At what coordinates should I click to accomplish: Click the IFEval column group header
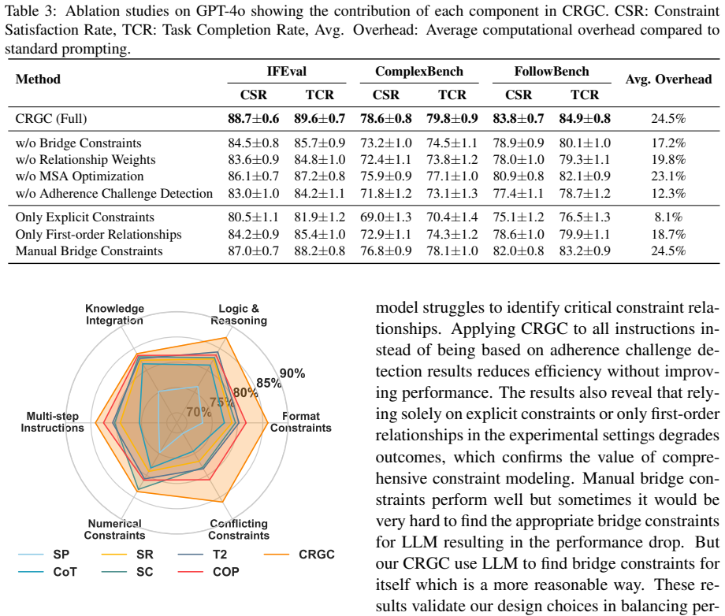click(x=286, y=71)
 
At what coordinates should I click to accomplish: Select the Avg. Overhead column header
click(x=668, y=80)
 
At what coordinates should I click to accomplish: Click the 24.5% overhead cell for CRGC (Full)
click(x=668, y=119)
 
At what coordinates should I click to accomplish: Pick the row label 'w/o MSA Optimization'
click(x=80, y=176)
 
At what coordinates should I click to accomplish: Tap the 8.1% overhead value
click(x=668, y=217)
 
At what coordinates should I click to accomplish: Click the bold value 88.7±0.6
click(x=254, y=119)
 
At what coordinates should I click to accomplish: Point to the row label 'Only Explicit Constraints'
click(x=84, y=217)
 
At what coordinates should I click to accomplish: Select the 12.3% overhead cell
click(x=668, y=193)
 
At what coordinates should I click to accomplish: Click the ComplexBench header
click(x=419, y=71)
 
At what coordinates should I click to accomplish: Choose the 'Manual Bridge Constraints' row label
click(x=89, y=251)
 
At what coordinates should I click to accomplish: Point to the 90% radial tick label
click(x=292, y=373)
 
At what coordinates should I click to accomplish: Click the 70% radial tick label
click(x=199, y=411)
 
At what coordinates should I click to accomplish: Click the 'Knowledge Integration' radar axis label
click(x=115, y=314)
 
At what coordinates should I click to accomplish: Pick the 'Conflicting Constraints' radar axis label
click(x=239, y=529)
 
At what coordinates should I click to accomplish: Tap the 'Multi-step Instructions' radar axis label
click(x=52, y=422)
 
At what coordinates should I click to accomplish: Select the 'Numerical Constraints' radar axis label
click(x=115, y=529)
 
